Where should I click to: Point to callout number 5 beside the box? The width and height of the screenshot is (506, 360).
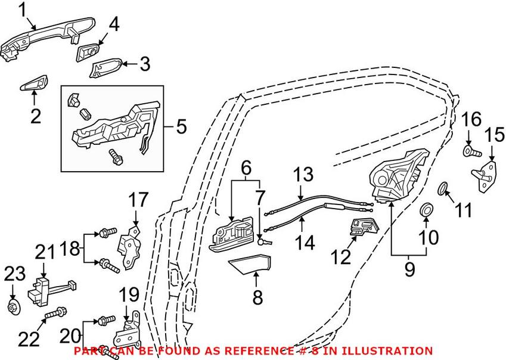182,127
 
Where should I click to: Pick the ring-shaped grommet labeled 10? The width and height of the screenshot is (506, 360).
427,210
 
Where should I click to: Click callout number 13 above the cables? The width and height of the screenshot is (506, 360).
303,175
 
